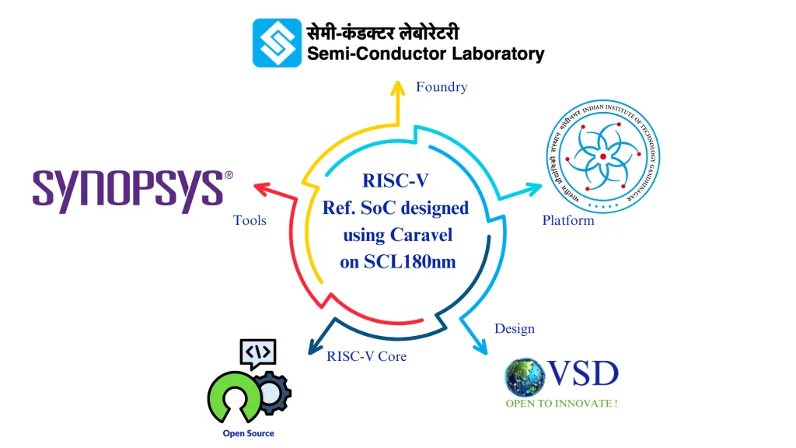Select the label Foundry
[442, 87]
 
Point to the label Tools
[250, 220]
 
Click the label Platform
[568, 220]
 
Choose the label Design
[515, 328]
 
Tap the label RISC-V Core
[367, 356]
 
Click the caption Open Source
[248, 433]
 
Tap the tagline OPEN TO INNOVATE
[562, 404]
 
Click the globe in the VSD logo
[522, 378]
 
